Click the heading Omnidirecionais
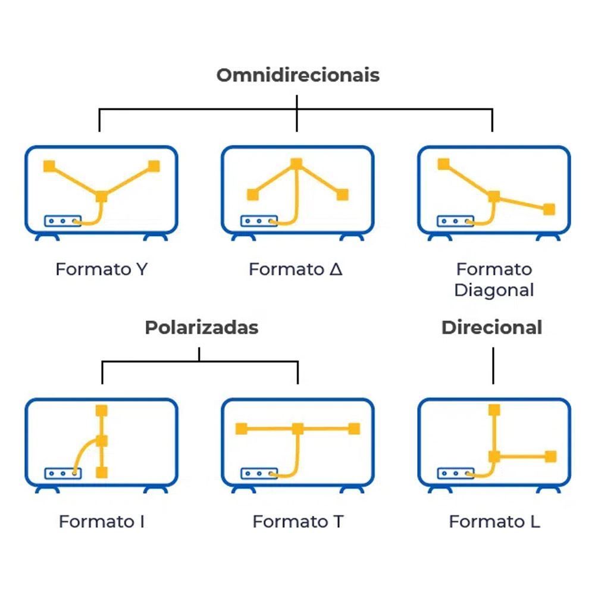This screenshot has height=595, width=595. click(x=297, y=76)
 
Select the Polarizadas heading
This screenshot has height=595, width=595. click(x=202, y=327)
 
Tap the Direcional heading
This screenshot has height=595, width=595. click(x=491, y=327)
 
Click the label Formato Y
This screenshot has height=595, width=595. click(x=101, y=269)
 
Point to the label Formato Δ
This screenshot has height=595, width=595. click(x=296, y=269)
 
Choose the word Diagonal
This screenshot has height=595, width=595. click(x=494, y=290)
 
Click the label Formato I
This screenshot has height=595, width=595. click(x=102, y=522)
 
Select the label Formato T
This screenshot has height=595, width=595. click(x=297, y=522)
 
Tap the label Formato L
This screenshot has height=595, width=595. click(x=494, y=522)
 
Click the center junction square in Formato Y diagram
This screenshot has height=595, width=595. click(x=102, y=196)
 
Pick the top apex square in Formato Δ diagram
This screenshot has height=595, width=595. click(x=296, y=164)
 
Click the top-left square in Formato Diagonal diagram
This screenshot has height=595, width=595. click(x=443, y=164)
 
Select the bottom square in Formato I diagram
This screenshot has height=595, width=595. click(x=102, y=473)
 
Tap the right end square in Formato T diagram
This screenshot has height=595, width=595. click(x=354, y=428)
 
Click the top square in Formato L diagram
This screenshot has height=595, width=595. click(x=493, y=409)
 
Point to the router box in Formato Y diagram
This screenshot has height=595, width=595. click(x=62, y=221)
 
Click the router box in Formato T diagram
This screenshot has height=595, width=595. click(x=259, y=474)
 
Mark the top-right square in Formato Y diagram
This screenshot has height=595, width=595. click(x=154, y=166)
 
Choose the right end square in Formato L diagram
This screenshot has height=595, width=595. click(x=550, y=456)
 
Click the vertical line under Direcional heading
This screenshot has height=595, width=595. click(x=493, y=366)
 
